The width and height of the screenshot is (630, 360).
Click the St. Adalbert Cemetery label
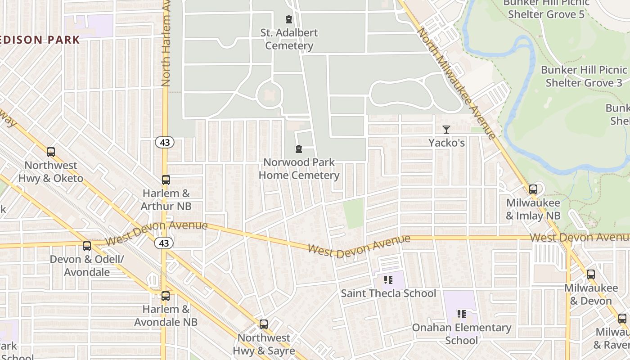pos(289,39)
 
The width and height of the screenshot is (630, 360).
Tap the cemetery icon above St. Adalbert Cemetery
pos(289,19)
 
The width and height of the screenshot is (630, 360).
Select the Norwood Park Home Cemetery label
pos(299,169)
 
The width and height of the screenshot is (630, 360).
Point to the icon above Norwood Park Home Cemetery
pos(298,149)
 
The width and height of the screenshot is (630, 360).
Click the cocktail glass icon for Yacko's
pos(446,130)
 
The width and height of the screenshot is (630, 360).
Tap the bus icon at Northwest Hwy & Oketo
pos(51,152)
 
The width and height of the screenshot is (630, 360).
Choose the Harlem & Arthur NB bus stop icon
pos(166,180)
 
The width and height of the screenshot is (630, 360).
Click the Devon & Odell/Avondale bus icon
pos(87,246)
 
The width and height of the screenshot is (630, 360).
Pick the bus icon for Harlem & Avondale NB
pos(166,296)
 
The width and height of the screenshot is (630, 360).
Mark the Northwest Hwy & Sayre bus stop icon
pos(264,324)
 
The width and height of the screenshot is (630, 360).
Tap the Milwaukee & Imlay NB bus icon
pos(533,189)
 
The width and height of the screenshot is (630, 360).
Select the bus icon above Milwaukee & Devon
pos(591,274)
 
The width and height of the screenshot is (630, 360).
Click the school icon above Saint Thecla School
pos(388,280)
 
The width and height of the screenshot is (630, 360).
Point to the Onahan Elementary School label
pos(462,334)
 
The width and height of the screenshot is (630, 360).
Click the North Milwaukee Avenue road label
pos(456,83)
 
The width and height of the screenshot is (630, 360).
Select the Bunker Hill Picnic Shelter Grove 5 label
pos(546,9)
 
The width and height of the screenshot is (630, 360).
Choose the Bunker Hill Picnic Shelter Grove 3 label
pos(584,76)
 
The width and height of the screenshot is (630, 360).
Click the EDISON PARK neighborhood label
pos(40,40)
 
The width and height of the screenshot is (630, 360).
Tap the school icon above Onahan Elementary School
pos(461,314)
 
